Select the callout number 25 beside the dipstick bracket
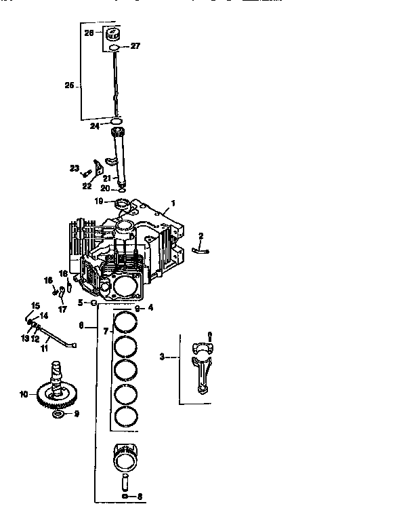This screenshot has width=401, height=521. (70, 86)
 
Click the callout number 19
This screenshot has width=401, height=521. (99, 201)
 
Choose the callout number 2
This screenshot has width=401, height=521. (200, 235)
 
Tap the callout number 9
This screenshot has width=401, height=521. (76, 413)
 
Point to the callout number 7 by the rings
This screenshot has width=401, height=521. (105, 330)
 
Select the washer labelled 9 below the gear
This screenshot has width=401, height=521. (58, 413)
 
